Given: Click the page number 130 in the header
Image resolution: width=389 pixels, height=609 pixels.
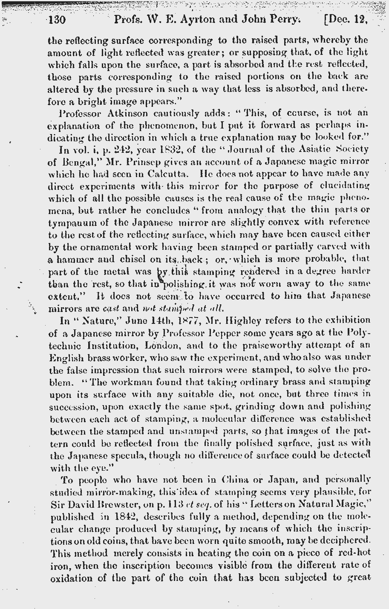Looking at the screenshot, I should pyautogui.click(x=56, y=20).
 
